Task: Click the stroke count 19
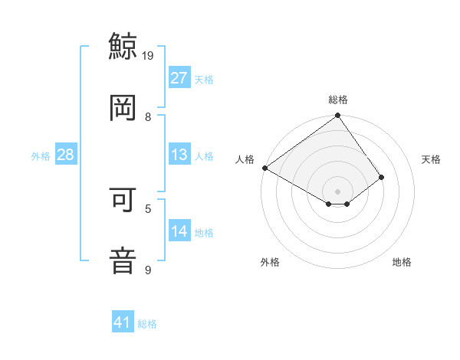(x=149, y=55)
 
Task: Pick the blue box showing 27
(x=179, y=78)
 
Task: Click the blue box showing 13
(x=179, y=155)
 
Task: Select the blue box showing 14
(x=179, y=231)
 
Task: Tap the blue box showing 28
(x=66, y=155)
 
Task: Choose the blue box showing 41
(x=123, y=322)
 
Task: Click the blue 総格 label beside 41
(x=147, y=324)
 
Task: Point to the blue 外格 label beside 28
(x=41, y=156)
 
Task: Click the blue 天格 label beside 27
(x=204, y=80)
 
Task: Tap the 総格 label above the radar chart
(x=338, y=100)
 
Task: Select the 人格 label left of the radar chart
(x=245, y=159)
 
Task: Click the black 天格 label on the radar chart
(x=431, y=159)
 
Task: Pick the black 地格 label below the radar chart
(x=402, y=263)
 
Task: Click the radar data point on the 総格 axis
(x=338, y=116)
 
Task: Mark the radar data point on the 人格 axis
(x=264, y=168)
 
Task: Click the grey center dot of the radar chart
(x=338, y=191)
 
